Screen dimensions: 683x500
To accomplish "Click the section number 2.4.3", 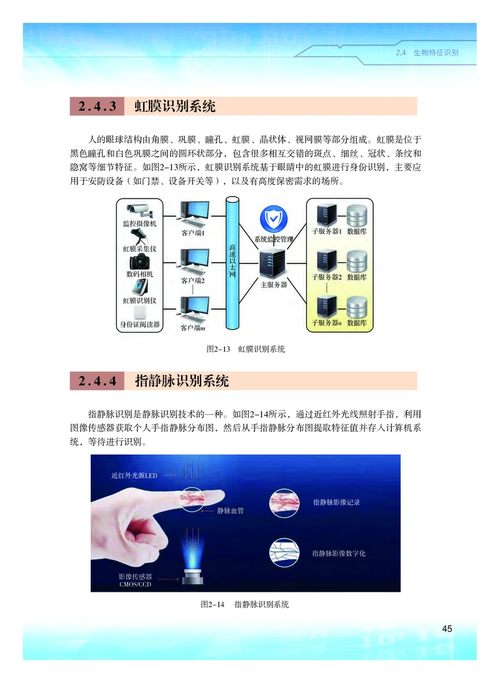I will point(97,107).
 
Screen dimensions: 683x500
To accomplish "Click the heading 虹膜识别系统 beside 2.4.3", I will point(175,107).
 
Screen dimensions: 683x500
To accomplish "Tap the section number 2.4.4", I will point(97,381).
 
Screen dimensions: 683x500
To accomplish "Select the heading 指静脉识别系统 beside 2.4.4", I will point(182,381).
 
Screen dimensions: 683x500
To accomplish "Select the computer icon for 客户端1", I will point(194,214).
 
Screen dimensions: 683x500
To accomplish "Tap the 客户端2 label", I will point(193,280).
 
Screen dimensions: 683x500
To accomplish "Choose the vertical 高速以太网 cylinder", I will point(232,263).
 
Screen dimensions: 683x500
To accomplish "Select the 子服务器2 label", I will point(327,277).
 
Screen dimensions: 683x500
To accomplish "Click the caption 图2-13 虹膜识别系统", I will point(246,350).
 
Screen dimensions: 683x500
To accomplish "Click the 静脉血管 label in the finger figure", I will point(229,511).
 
